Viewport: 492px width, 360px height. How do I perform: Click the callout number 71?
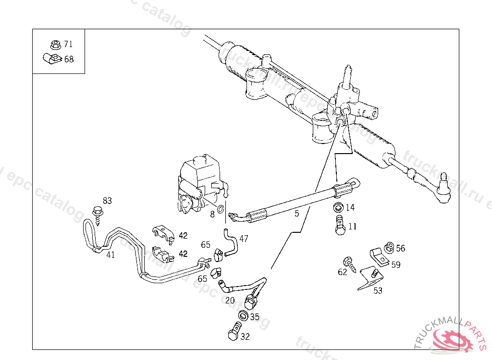[68, 44]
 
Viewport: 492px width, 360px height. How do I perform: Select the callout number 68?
[69, 60]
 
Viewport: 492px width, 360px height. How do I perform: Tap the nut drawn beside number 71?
[55, 45]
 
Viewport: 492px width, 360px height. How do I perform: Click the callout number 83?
[107, 201]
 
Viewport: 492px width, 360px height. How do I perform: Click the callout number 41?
[111, 255]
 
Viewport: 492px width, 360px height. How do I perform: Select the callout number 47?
[244, 238]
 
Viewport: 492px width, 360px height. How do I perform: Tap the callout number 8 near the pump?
[212, 215]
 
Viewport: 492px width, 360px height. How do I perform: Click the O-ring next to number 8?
[221, 209]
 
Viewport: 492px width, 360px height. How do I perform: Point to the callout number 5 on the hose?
[297, 213]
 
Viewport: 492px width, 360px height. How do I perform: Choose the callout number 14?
[350, 208]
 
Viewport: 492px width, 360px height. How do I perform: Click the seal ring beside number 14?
[338, 208]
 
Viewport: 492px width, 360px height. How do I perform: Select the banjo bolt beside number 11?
[340, 225]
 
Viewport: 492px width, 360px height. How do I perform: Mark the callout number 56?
[401, 248]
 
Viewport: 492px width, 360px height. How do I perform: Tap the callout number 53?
[378, 290]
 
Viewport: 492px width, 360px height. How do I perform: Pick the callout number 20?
[230, 300]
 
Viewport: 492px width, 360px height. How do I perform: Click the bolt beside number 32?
[234, 333]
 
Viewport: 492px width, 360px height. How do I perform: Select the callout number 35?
[255, 317]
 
